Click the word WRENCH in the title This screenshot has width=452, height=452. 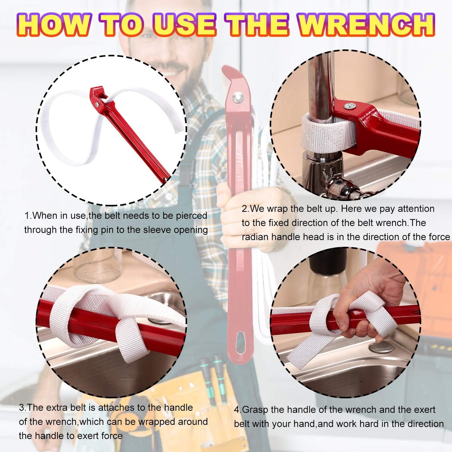coord(366,25)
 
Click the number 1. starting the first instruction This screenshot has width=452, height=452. coord(28,216)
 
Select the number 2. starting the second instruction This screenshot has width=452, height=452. coord(245,209)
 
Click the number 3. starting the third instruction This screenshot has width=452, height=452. coord(23,408)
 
